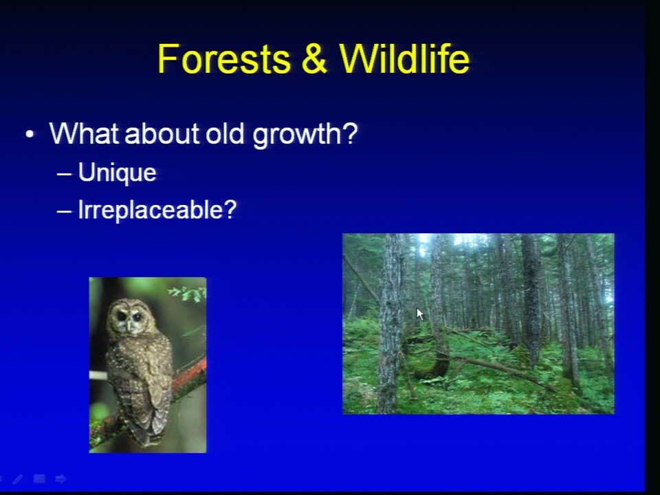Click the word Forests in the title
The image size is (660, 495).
point(224,58)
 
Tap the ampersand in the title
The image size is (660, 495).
point(314,58)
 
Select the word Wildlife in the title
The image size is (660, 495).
point(404,58)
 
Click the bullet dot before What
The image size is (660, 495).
point(30,134)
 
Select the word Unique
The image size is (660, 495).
point(117,173)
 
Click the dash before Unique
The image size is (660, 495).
point(64,173)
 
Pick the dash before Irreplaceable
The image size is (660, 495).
point(64,210)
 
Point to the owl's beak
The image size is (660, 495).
point(129,324)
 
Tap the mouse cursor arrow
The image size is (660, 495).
point(419,314)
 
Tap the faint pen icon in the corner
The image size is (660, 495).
point(18,479)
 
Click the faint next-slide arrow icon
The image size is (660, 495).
point(60,478)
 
